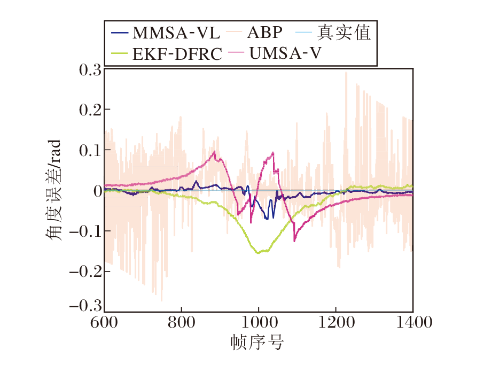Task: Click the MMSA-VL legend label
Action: pyautogui.click(x=176, y=33)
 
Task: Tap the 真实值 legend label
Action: pyautogui.click(x=344, y=33)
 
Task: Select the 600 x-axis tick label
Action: pyautogui.click(x=105, y=322)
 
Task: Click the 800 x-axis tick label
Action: pyautogui.click(x=182, y=322)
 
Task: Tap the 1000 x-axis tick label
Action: pyautogui.click(x=259, y=322)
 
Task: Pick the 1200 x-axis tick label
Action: pyautogui.click(x=335, y=322)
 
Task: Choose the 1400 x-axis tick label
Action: pyautogui.click(x=412, y=322)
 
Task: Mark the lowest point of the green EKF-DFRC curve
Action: pyautogui.click(x=259, y=253)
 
